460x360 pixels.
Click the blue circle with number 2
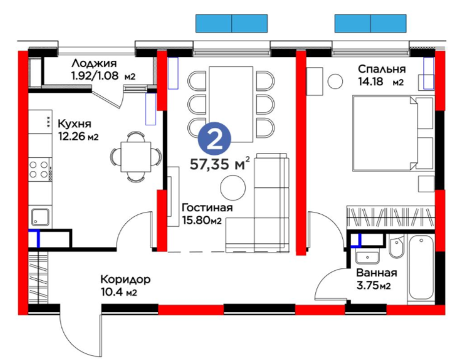tap(214, 139)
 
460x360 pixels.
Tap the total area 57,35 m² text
tap(220, 163)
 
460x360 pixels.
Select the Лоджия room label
tap(94, 63)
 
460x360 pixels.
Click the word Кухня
tap(74, 124)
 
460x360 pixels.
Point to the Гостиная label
tap(207, 208)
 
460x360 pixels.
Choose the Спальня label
tap(381, 69)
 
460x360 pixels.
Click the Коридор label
tap(125, 280)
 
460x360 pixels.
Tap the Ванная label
tap(376, 273)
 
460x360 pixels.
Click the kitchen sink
tap(40, 217)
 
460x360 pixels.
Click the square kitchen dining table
tap(136, 157)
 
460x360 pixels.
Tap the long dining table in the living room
tap(231, 104)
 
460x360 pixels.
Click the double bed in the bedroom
tap(393, 133)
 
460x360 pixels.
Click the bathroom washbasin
tap(367, 257)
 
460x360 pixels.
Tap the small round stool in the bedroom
tap(335, 81)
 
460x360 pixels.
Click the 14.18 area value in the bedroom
tap(370, 81)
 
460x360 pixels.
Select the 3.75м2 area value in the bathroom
tap(373, 285)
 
